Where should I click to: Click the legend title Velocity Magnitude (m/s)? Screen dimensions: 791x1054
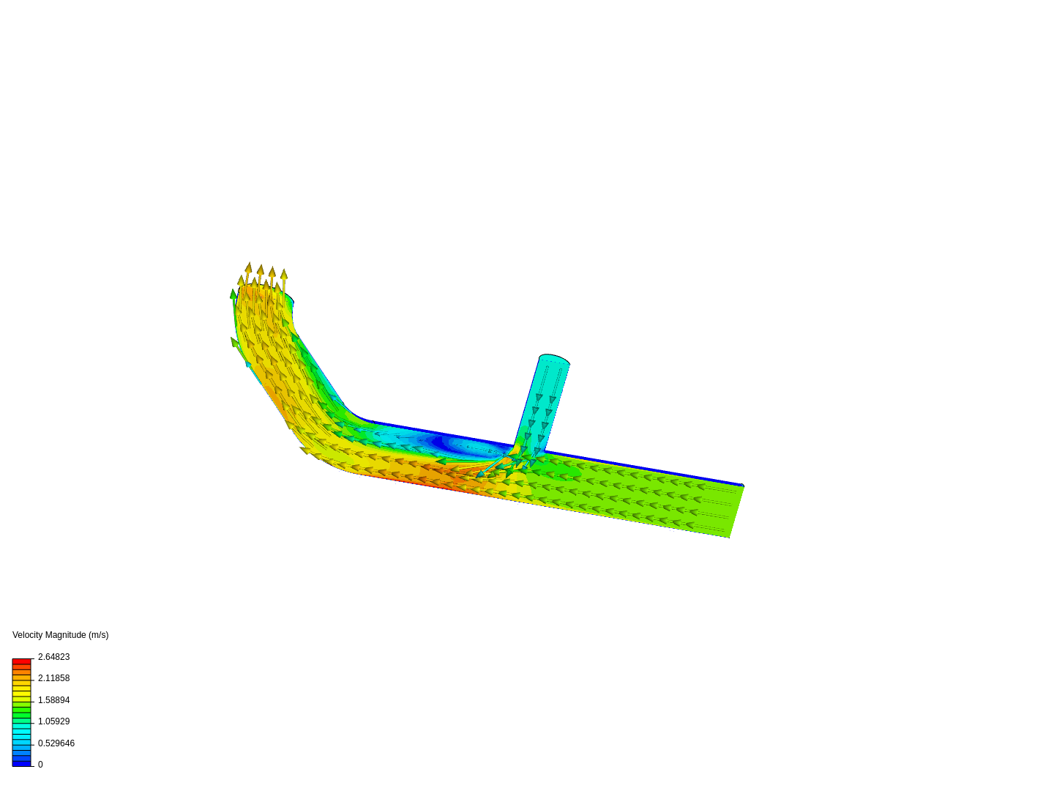60,635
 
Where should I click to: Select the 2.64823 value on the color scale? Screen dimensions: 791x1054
53,657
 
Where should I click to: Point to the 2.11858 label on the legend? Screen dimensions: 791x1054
53,678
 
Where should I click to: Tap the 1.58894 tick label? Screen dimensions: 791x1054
53,700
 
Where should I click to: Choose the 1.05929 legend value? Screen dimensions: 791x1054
53,721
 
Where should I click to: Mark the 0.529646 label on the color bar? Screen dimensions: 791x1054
56,743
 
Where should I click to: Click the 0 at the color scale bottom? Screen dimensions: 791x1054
40,765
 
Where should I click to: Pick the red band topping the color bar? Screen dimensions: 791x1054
21,661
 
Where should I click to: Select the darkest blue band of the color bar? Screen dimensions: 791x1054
21,763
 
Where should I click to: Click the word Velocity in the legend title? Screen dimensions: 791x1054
29,635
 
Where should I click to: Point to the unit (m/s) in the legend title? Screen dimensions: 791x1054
98,635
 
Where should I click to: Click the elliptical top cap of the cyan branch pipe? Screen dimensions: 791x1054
554,360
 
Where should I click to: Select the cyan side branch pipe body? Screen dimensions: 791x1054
542,403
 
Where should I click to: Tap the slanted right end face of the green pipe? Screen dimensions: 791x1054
736,511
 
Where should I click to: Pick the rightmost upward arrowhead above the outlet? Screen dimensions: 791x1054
284,274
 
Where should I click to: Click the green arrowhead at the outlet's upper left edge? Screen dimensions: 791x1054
233,294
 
